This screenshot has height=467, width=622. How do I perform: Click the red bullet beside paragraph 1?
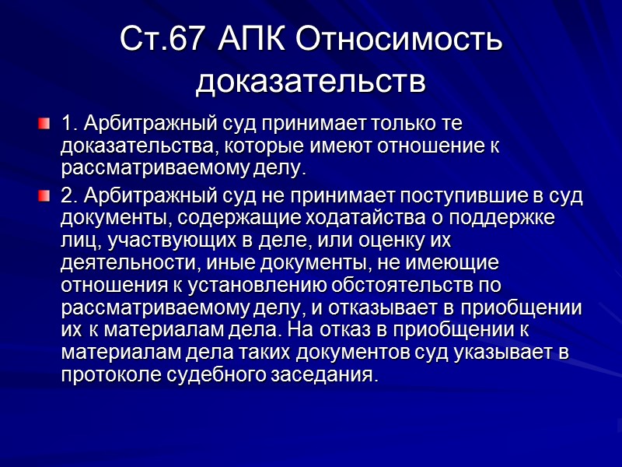tap(45, 123)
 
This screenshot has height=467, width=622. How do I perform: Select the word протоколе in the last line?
tap(110, 375)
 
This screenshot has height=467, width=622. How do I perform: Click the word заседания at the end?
tap(325, 375)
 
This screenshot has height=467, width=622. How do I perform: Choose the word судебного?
tap(216, 375)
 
